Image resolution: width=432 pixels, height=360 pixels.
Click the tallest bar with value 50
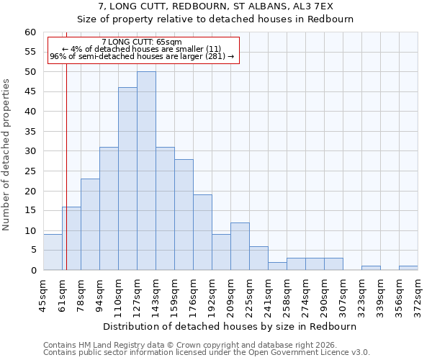(146, 171)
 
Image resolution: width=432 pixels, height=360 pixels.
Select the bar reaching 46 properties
(127, 179)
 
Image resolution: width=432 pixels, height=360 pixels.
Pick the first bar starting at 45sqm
(53, 253)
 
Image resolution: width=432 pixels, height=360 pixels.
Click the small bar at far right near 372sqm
(408, 268)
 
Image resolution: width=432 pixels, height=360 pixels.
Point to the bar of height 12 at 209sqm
(240, 247)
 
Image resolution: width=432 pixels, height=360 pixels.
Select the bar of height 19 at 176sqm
(202, 233)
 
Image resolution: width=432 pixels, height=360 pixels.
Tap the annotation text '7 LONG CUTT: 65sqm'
(142, 42)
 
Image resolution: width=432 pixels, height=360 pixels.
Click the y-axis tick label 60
(30, 32)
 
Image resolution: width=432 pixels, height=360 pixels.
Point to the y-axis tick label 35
(30, 132)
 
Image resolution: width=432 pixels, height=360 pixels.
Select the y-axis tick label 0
(33, 271)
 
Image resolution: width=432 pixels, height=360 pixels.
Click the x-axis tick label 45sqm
(43, 294)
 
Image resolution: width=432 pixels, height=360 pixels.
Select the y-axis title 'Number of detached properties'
(7, 155)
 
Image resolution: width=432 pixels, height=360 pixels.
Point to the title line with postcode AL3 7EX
(215, 6)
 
